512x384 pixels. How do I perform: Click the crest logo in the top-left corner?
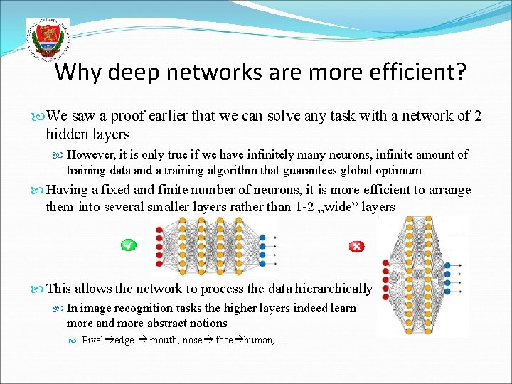[46, 40]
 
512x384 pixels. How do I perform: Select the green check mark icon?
[128, 245]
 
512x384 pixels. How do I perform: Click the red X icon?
[356, 247]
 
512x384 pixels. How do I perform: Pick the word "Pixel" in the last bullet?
[93, 340]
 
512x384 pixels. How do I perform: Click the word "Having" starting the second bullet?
[68, 190]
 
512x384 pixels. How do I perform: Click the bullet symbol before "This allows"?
[38, 289]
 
